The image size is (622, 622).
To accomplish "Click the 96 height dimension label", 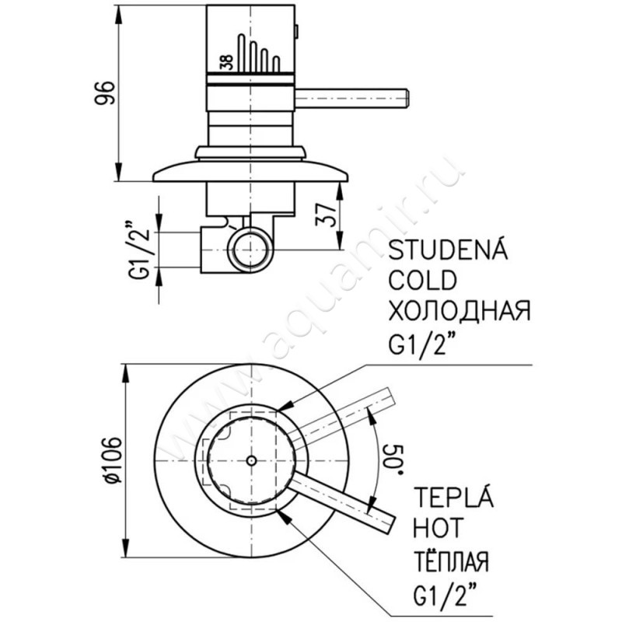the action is pyautogui.click(x=104, y=93).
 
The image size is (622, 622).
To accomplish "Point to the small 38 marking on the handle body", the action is pyautogui.click(x=227, y=62).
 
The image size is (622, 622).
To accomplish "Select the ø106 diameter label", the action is pyautogui.click(x=111, y=460).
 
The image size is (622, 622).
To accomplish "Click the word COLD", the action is pyautogui.click(x=423, y=280).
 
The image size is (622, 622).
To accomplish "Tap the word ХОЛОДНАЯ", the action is pyautogui.click(x=460, y=310).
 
